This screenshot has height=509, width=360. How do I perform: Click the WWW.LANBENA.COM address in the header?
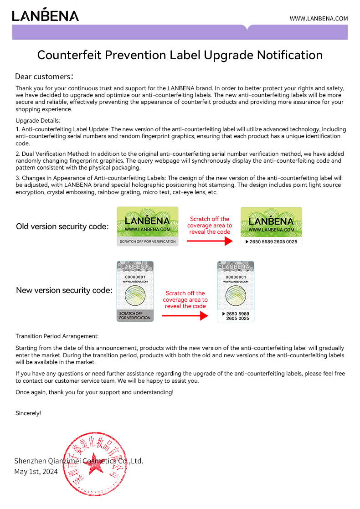[x=319, y=19]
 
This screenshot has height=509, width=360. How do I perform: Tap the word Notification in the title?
[x=290, y=55]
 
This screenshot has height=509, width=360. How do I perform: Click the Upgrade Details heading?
[x=38, y=121]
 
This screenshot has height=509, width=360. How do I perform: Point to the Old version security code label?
[x=62, y=226]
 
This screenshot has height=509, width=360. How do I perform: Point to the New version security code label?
[x=64, y=290]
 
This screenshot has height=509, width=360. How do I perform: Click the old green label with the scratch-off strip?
[x=147, y=226]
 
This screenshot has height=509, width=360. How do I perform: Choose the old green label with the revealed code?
[x=271, y=226]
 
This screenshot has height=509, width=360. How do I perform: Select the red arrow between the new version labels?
[x=185, y=315]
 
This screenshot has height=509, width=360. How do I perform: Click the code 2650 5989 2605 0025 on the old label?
[x=273, y=242]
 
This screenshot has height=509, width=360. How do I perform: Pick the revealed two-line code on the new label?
[x=237, y=316]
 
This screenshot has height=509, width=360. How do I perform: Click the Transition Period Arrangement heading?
[x=57, y=336]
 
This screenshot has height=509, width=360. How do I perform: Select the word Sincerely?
[x=28, y=413]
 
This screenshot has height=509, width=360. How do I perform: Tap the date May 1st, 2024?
[x=36, y=472]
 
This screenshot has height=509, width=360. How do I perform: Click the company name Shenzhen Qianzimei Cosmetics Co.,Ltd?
[x=79, y=461]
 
